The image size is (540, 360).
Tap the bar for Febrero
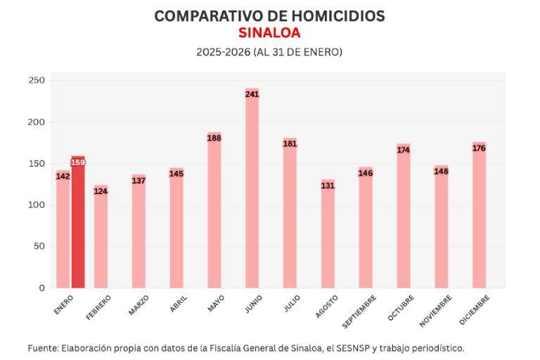101,239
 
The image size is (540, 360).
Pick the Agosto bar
328,239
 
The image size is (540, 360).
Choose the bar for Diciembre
479,218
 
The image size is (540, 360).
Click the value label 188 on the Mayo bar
214,138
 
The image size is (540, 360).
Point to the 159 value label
78,162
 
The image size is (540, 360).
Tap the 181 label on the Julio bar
290,143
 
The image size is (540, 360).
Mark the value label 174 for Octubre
403,150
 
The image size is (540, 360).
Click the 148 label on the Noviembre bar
441,172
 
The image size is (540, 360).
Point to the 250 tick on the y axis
37,81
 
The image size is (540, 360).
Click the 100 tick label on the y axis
37,205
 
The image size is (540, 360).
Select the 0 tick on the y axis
41,288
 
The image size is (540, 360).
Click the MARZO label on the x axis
139,304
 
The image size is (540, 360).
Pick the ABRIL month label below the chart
178,303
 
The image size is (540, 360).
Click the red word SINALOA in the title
269,33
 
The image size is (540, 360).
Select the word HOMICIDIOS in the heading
326,16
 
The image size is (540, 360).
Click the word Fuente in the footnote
42,348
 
